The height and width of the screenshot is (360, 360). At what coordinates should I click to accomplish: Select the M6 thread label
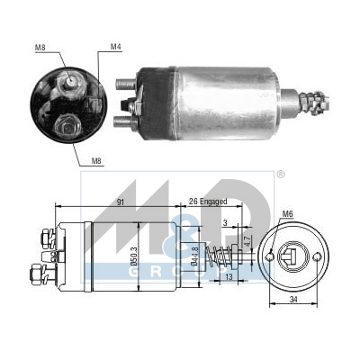pos(286,213)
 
